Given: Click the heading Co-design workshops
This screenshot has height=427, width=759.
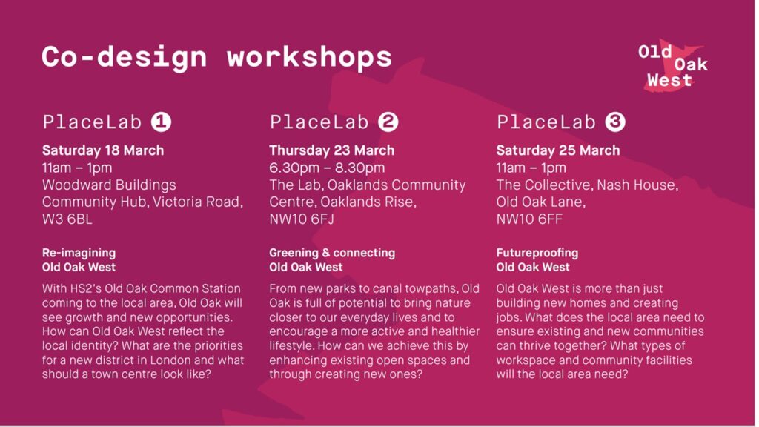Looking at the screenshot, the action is tap(216, 58).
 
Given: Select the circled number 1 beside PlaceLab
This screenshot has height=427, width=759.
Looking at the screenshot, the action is tap(161, 122).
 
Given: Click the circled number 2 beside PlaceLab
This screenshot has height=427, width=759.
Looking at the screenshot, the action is tap(388, 122).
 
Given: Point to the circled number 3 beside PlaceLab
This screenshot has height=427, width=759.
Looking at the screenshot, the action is tap(615, 122).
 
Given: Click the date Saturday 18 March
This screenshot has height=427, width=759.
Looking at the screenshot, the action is tap(103, 150).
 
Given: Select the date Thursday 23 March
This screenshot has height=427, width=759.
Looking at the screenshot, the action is tap(331, 150).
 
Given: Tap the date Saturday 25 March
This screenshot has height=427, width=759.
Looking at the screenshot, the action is tap(557, 150).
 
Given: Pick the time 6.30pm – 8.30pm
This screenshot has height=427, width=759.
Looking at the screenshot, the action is tap(327, 168).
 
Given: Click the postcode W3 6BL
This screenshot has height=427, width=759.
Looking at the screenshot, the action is tap(67, 219).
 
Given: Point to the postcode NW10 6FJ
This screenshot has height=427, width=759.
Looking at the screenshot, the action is tap(302, 219).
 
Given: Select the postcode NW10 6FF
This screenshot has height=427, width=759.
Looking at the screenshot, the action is tap(529, 219).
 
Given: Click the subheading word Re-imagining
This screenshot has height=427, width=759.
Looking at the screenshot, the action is tap(79, 254).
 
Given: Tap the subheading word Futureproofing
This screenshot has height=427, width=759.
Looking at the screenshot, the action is tap(537, 253).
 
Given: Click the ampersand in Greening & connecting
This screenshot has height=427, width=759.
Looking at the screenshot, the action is tap(326, 253).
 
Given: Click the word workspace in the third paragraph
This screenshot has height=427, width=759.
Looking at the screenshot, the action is tap(528, 361).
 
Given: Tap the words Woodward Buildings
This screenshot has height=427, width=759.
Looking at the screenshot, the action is tap(109, 185).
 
